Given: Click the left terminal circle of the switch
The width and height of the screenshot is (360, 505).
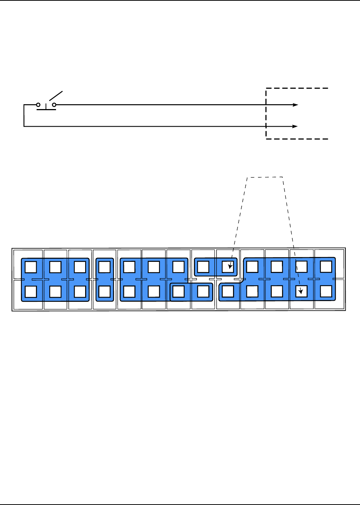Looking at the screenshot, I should (38, 105).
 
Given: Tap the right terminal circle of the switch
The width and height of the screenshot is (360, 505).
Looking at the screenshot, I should (54, 105).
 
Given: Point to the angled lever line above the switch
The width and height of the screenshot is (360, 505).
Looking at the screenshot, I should (56, 95).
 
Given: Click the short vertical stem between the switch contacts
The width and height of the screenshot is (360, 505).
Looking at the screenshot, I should (46, 107).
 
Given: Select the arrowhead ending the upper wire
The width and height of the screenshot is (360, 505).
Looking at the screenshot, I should (296, 105).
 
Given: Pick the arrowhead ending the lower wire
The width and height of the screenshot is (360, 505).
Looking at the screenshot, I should (295, 126).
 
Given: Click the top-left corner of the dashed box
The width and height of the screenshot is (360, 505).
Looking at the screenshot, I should (266, 89).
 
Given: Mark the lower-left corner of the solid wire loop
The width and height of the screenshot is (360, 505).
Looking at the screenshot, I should (24, 126).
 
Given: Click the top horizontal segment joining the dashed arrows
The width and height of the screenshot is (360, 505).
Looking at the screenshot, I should (265, 177).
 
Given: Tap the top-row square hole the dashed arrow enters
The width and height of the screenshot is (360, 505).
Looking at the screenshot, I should (228, 267).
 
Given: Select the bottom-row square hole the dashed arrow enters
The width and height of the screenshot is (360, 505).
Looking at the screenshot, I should (301, 291).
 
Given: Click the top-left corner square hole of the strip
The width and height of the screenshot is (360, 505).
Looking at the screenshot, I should (31, 267).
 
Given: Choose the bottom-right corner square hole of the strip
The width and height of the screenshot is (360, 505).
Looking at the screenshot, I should (326, 291).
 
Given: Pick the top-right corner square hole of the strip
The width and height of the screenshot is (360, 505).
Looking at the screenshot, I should (326, 267).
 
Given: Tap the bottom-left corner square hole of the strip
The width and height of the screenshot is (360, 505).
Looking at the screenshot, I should (31, 291).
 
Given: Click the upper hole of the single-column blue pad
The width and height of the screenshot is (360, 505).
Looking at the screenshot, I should (105, 267).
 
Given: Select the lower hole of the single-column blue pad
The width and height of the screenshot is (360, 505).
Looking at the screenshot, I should (105, 291).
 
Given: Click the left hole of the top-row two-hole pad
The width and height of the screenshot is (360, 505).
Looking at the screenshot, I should (203, 267).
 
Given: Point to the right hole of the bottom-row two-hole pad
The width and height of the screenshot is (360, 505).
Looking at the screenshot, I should (203, 291).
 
